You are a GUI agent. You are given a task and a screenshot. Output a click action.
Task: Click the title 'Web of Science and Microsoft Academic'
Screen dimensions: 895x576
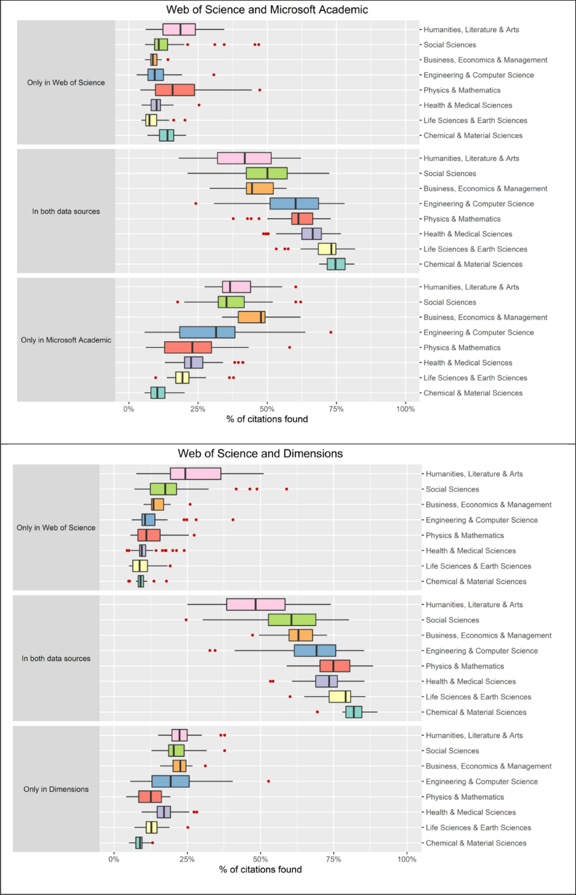coord(267,10)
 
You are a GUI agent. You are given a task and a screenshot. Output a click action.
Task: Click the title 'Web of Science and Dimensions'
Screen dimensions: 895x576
coord(260,453)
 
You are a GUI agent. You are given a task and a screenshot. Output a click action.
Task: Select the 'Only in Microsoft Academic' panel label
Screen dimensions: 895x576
coord(66,340)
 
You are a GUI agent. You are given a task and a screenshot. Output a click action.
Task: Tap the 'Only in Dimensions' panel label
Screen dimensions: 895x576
coord(56,789)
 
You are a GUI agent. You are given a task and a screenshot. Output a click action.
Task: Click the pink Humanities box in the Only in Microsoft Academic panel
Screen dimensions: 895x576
coord(236,287)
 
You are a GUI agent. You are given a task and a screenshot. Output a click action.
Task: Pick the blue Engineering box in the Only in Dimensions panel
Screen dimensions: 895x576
coord(170,781)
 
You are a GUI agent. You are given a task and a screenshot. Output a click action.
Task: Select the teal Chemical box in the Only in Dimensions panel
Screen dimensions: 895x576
coord(139,843)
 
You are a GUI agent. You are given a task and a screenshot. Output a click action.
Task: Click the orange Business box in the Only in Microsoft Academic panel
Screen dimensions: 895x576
coord(252,317)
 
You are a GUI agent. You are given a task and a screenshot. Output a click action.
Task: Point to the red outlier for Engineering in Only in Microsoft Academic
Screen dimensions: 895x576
coord(331,332)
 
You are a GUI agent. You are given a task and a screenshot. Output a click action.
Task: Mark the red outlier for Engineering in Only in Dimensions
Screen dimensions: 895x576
coord(268,781)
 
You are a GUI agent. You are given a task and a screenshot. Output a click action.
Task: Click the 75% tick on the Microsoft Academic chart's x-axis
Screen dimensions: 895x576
coord(336,409)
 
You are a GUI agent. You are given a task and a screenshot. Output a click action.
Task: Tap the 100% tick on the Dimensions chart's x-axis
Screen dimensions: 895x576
coord(407,859)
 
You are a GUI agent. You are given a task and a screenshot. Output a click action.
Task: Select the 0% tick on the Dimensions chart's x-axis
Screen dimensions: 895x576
coord(114,859)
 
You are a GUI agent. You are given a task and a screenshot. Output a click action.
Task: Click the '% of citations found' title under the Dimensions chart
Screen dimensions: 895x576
coord(260,870)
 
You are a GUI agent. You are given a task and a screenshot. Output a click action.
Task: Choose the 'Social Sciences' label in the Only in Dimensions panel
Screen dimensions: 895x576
coord(452,751)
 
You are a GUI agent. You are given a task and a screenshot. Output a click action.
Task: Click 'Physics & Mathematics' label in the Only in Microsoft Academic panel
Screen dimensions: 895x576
coord(462,347)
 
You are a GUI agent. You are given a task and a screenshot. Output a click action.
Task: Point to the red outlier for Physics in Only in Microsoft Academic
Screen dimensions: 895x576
coord(289,347)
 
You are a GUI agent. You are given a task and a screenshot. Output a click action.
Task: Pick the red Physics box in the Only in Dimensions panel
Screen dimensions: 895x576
coord(150,797)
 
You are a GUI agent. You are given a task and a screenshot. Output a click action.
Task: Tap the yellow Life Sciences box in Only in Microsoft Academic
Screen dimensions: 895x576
coord(182,378)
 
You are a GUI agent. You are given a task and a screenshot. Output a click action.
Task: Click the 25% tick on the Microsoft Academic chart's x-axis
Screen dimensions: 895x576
coord(198,409)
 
